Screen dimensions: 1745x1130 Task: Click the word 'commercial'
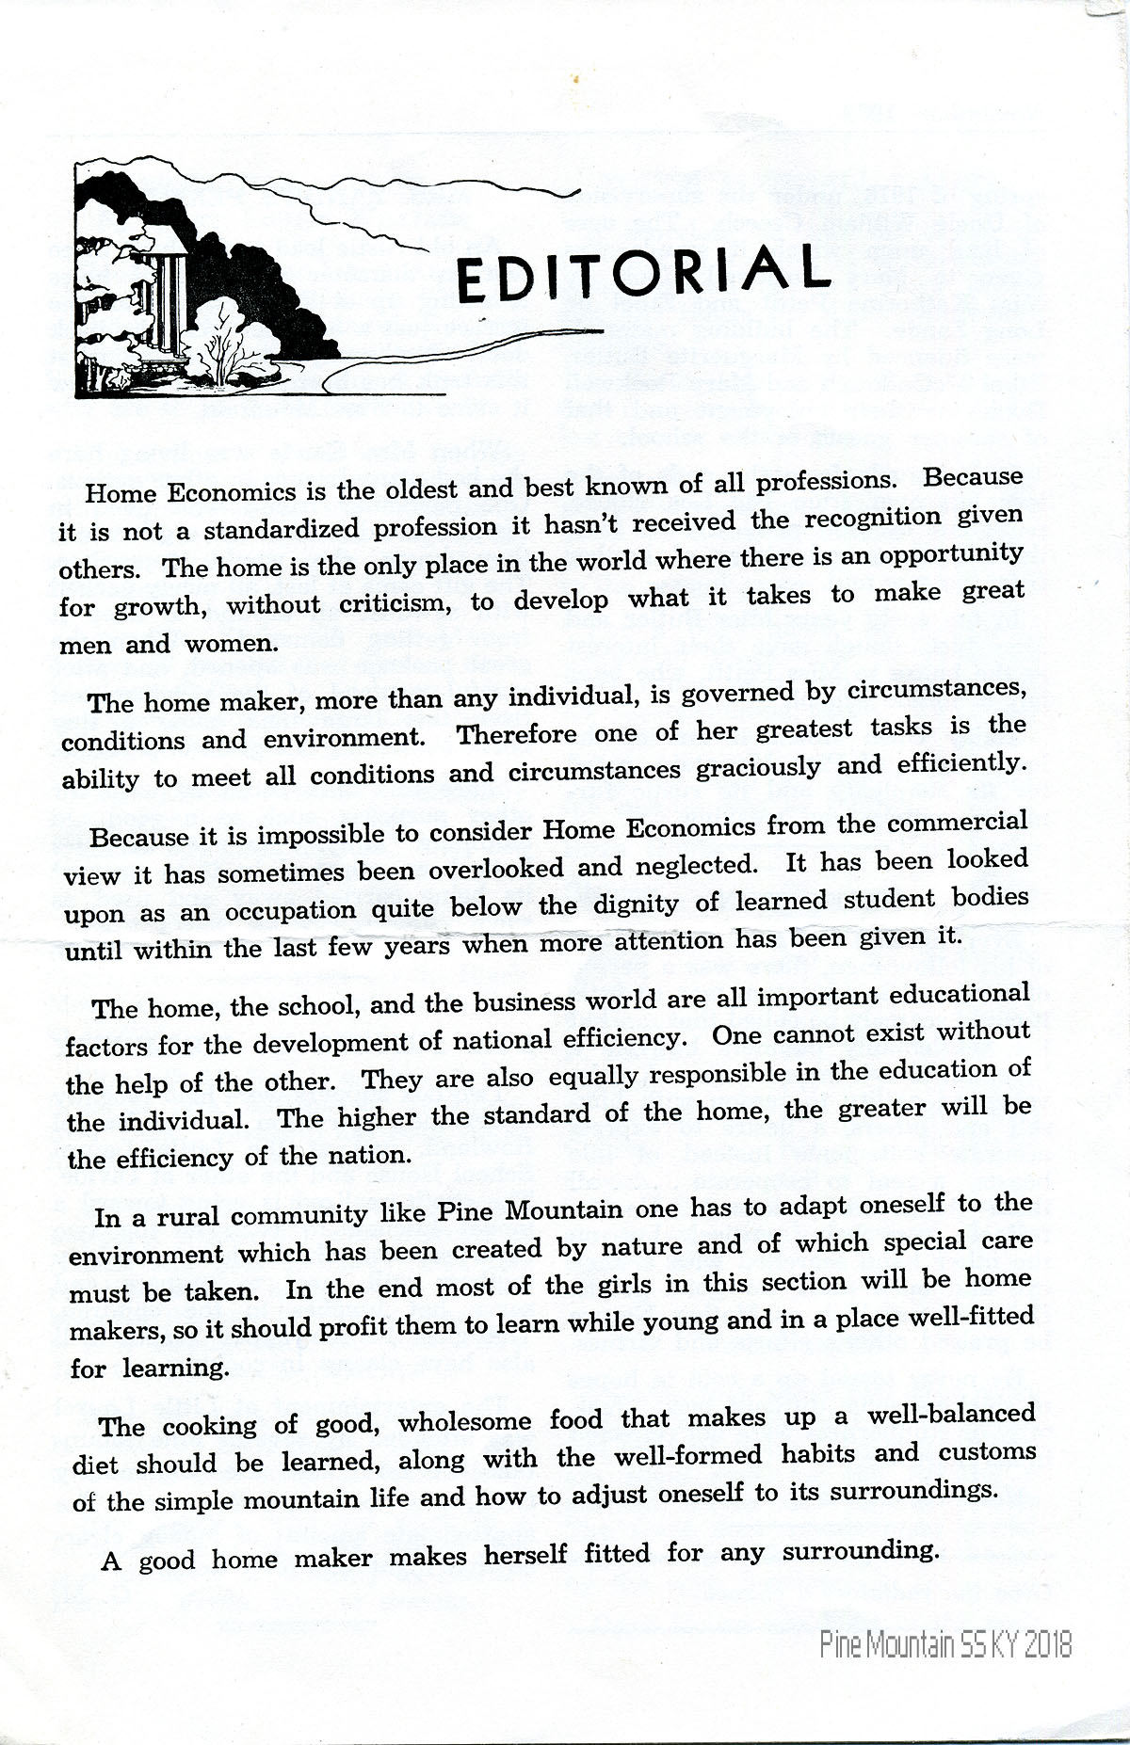tap(957, 822)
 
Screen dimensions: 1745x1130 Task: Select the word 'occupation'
tap(292, 910)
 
